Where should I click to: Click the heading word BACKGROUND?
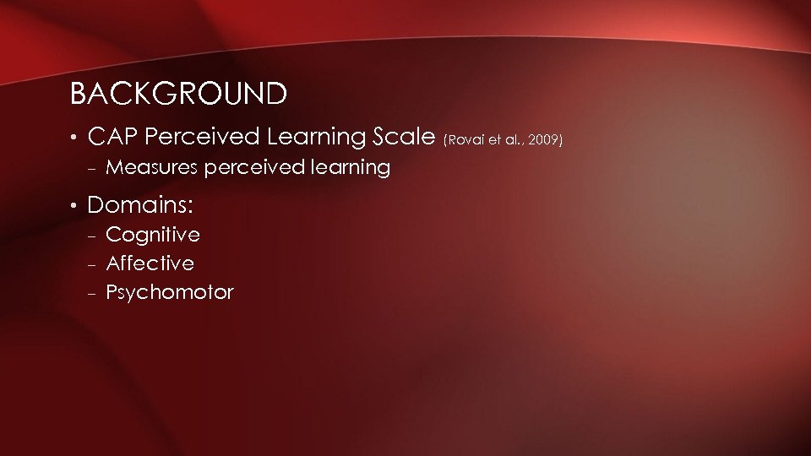(x=178, y=94)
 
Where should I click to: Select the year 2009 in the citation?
(x=546, y=138)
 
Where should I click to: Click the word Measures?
(x=151, y=167)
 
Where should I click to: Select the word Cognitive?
(x=153, y=234)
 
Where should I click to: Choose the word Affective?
(x=150, y=263)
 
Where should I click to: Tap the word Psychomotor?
(x=170, y=293)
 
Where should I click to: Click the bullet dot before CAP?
(x=74, y=137)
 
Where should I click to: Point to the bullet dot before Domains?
(x=74, y=205)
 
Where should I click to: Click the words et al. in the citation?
(x=504, y=138)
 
